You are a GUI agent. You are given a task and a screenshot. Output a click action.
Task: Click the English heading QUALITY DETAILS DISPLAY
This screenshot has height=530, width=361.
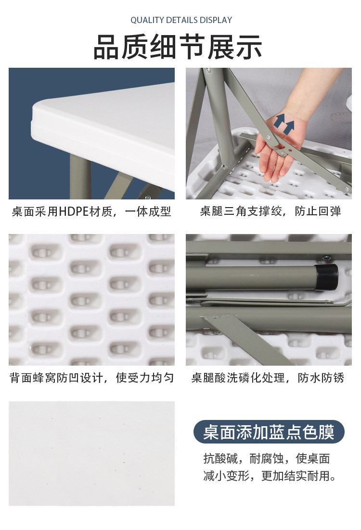pyautogui.click(x=181, y=20)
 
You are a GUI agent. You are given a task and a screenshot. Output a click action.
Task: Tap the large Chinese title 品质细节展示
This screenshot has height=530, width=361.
pyautogui.click(x=178, y=47)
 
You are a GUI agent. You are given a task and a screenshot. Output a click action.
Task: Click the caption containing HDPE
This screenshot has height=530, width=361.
pyautogui.click(x=91, y=211)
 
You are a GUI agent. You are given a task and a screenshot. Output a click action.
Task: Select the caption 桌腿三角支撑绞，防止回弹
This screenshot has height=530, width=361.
pyautogui.click(x=270, y=211)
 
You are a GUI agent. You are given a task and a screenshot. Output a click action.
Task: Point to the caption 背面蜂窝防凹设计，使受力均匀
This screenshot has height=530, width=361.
pyautogui.click(x=91, y=378)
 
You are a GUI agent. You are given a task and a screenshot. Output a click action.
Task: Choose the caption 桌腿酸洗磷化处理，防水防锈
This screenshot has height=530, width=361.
pyautogui.click(x=268, y=378)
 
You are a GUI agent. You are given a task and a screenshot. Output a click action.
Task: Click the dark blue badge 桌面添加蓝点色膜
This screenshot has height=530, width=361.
pyautogui.click(x=269, y=432)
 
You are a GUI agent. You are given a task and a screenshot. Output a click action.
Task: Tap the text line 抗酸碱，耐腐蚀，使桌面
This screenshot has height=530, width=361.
pyautogui.click(x=267, y=459)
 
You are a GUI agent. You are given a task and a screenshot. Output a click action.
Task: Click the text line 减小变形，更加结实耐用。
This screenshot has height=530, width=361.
pyautogui.click(x=270, y=476)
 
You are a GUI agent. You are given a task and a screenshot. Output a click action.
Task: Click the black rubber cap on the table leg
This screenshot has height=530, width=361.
pyautogui.click(x=327, y=277)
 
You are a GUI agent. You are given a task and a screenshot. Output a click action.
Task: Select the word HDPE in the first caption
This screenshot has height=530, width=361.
pyautogui.click(x=74, y=211)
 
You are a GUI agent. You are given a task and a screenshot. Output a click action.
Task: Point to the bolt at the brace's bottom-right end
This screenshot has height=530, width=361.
pyautogui.click(x=346, y=189)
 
